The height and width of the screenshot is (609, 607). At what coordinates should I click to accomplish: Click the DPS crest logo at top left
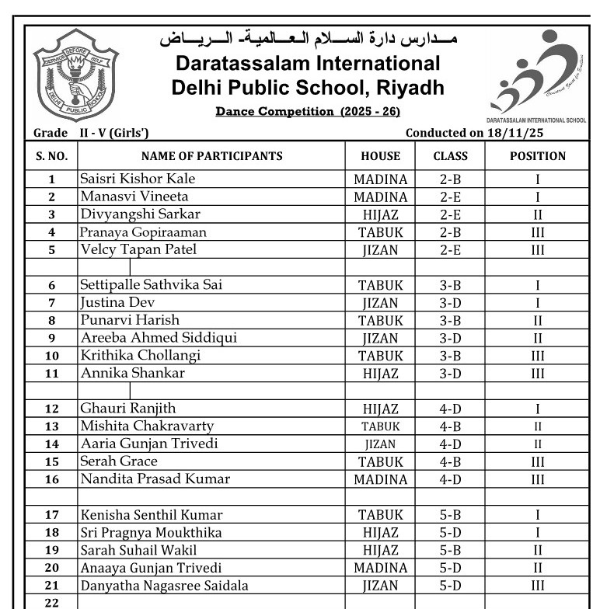click(x=75, y=75)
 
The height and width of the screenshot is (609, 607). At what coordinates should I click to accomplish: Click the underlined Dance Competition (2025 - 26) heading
click(x=308, y=112)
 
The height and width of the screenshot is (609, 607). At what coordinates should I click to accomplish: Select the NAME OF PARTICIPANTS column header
click(x=211, y=156)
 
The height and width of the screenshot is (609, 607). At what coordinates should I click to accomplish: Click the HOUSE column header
click(x=381, y=156)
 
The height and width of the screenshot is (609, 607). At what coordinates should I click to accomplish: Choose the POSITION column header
click(x=537, y=156)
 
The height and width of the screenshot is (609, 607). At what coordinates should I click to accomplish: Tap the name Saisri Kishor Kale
click(x=138, y=179)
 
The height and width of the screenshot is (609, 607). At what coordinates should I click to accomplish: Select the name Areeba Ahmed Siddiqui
click(x=159, y=338)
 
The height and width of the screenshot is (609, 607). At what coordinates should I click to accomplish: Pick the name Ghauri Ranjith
click(x=128, y=409)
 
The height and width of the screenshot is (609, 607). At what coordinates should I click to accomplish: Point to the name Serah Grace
click(x=119, y=461)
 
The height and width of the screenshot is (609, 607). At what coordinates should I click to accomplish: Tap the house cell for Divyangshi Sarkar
click(x=381, y=215)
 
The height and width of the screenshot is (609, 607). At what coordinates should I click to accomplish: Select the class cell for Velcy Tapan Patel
click(x=450, y=250)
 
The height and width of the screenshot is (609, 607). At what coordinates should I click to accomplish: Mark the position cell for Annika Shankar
click(x=537, y=374)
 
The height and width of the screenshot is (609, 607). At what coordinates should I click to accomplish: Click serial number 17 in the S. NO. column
click(x=52, y=515)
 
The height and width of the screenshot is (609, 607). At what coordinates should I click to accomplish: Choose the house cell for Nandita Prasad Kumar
click(x=381, y=479)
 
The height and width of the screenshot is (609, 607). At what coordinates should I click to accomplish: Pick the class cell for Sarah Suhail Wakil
click(x=450, y=551)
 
